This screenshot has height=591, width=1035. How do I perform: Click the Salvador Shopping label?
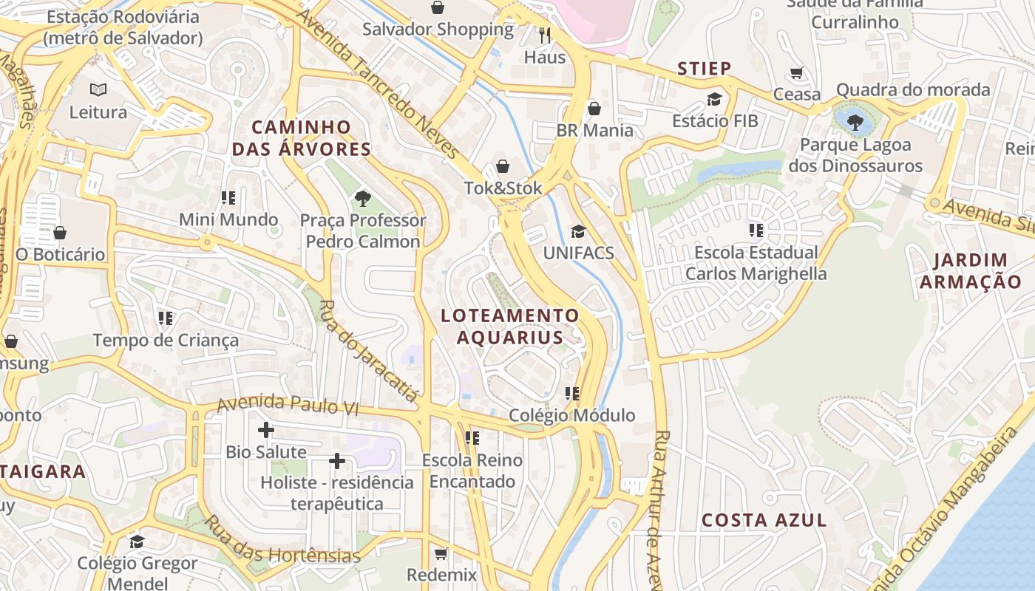coord(438,30)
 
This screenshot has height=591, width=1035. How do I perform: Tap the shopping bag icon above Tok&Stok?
coord(503,166)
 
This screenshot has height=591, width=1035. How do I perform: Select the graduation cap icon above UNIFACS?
coord(578,231)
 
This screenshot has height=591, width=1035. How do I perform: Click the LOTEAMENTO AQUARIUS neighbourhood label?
coord(510,327)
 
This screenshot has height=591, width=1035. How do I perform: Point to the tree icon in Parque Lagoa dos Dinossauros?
coord(855,122)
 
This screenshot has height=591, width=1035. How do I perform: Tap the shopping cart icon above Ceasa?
coord(796,73)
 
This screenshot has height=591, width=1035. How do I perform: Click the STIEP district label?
coord(705,69)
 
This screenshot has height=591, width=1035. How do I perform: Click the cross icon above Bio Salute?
coord(266,430)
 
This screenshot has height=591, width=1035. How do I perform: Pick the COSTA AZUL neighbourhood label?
coord(764,520)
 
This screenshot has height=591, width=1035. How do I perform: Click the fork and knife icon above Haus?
coord(546,35)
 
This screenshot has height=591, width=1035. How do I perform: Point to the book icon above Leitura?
coord(98,90)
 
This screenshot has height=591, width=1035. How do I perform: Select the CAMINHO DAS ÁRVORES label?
coord(301,138)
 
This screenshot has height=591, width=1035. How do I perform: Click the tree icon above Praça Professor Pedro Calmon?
coord(362,198)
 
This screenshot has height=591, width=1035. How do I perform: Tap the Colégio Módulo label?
coord(571,415)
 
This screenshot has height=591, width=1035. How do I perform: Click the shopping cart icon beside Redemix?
coord(441,553)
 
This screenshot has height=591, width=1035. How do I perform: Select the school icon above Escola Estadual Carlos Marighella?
coord(756,230)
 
